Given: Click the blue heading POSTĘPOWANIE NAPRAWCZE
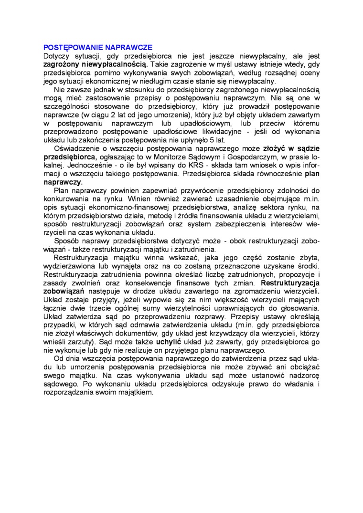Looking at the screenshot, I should (x=98, y=48).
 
